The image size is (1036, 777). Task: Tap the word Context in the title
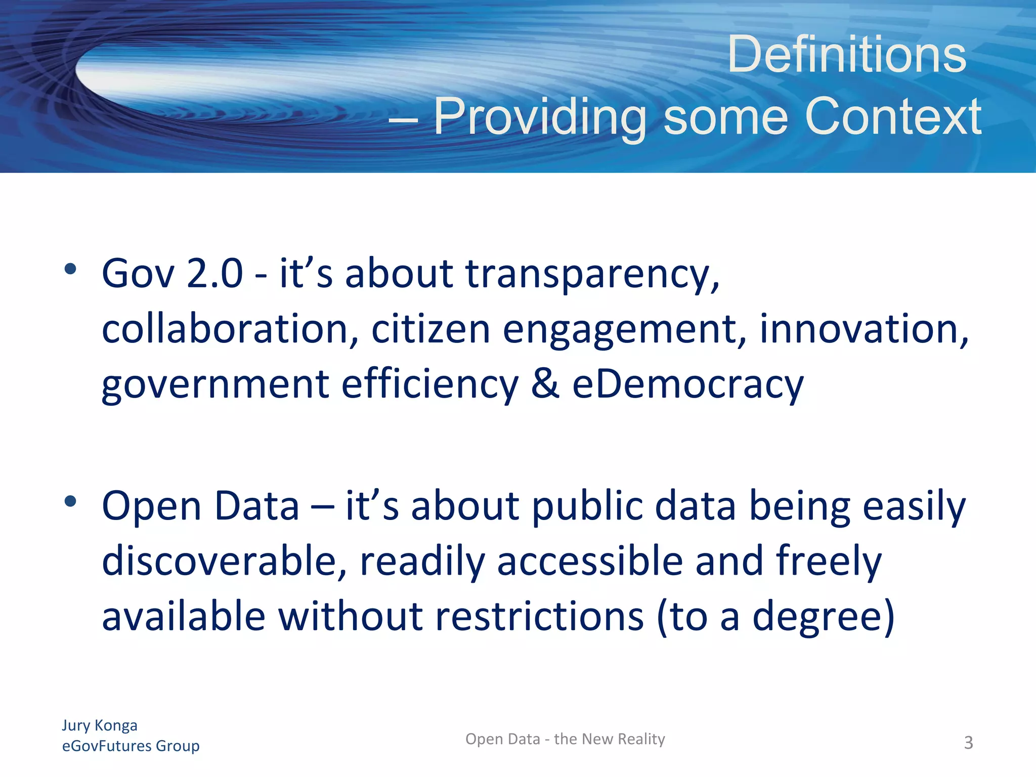click(893, 117)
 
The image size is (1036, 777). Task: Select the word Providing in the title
click(540, 118)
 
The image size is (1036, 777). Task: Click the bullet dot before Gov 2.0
click(70, 269)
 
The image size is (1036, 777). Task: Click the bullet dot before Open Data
click(70, 501)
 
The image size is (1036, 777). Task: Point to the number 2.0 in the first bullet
click(214, 274)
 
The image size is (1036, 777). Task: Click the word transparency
click(592, 275)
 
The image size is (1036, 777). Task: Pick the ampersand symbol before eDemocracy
click(545, 384)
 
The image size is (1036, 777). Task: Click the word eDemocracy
click(687, 385)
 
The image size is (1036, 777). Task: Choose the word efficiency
click(430, 385)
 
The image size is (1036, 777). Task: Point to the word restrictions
click(539, 617)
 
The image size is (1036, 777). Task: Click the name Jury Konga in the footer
click(100, 725)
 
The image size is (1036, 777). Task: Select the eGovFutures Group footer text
click(131, 746)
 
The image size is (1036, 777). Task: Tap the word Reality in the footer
click(641, 740)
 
